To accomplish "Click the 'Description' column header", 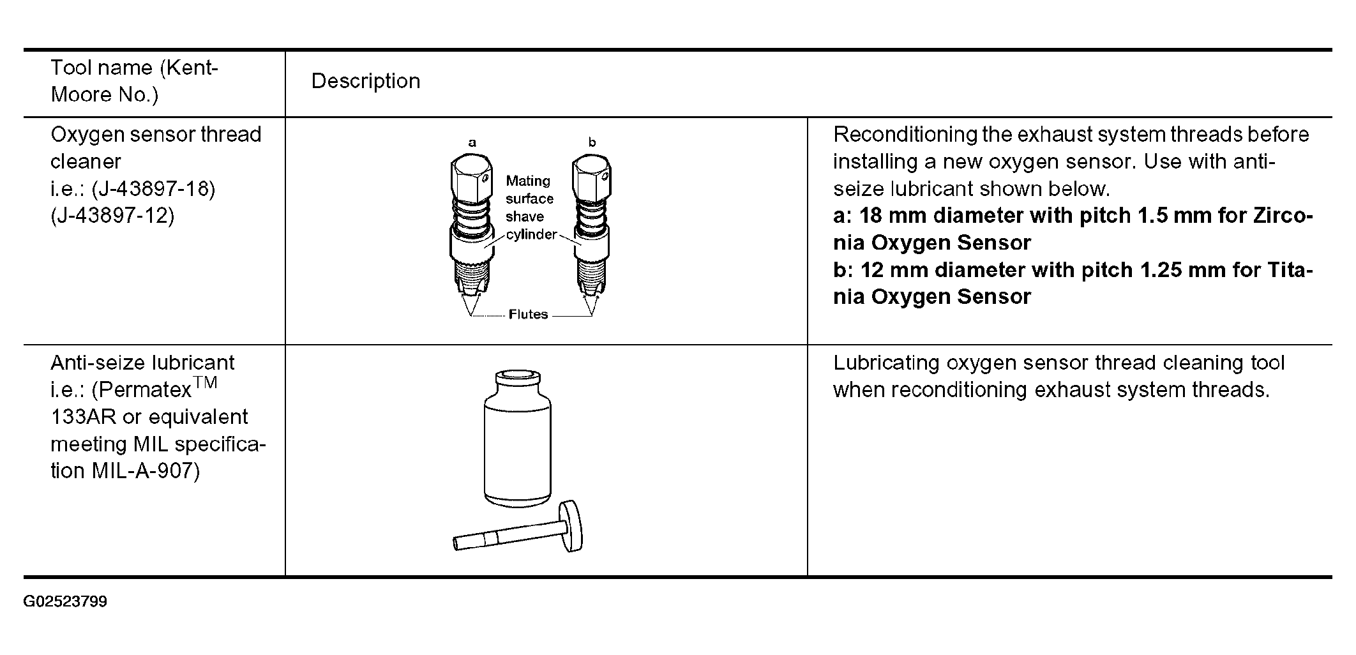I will (365, 81).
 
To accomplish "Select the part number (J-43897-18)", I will (153, 189).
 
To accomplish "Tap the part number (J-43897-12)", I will (112, 216).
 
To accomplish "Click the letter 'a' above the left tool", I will (472, 142).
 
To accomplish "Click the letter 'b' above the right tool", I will (592, 142).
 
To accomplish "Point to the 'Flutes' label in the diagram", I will (528, 314).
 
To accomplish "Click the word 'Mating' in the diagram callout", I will (527, 181).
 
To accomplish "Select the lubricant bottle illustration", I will (517, 447).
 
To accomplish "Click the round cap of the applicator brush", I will (571, 527).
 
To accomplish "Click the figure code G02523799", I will (65, 602).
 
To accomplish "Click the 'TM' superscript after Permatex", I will (206, 382).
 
